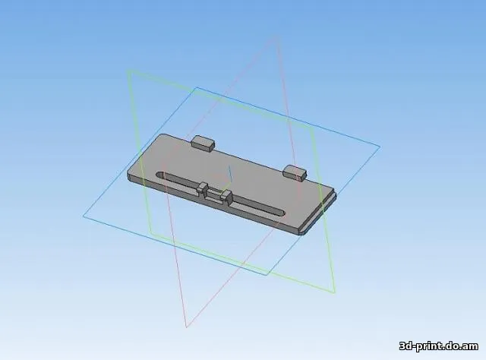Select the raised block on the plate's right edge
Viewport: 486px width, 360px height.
tap(295, 172)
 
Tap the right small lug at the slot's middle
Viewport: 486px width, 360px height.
tap(226, 197)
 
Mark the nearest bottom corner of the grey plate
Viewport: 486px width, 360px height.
tap(301, 234)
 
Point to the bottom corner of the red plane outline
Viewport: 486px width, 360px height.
tap(186, 327)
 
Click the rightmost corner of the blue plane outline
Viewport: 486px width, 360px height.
tap(380, 147)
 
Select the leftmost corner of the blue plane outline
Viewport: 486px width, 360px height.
tap(84, 216)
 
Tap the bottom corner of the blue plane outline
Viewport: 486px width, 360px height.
tap(267, 274)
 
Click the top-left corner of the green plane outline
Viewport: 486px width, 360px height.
tap(128, 71)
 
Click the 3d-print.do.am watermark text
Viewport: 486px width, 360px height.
tap(438, 346)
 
